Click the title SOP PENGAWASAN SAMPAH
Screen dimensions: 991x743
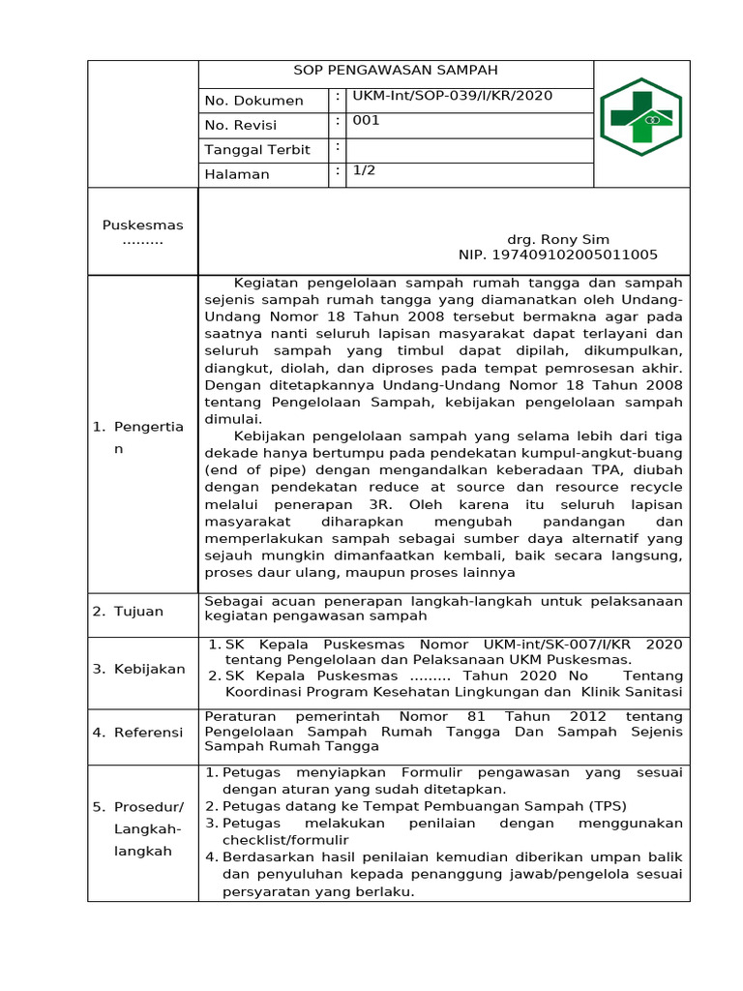tap(396, 71)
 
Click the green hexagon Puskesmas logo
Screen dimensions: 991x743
tap(640, 117)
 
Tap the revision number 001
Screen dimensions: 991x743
tap(367, 121)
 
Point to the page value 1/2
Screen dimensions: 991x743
tap(365, 169)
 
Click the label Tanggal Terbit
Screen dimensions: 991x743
tap(257, 150)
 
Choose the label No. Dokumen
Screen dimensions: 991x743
tap(253, 101)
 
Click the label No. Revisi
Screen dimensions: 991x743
tap(241, 126)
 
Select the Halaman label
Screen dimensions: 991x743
tap(237, 175)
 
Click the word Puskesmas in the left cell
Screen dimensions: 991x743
tap(142, 225)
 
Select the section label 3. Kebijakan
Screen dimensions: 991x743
tap(138, 669)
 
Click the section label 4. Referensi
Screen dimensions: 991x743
tap(137, 733)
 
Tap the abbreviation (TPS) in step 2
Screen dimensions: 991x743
tap(607, 806)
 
